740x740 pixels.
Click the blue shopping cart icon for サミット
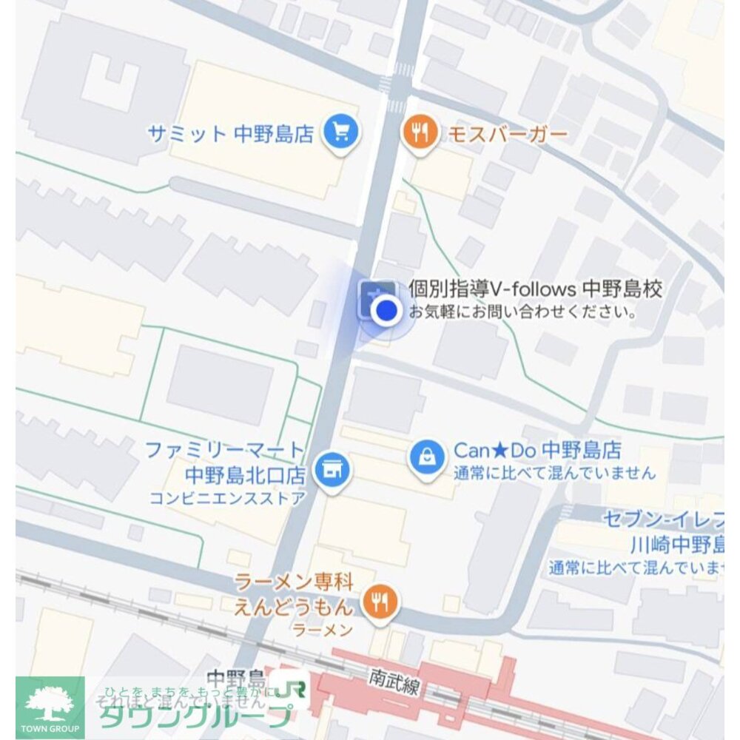point(340,133)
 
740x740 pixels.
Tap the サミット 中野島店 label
point(231,134)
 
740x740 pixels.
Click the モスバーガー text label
point(508,134)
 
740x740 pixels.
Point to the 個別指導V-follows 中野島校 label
point(534,289)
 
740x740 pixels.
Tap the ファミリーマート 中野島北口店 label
point(225,460)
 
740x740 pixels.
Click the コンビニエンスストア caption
point(226,498)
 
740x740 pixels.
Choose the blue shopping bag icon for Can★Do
point(427,457)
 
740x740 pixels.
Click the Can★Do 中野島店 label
point(536,450)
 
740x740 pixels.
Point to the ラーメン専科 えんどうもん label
point(295,593)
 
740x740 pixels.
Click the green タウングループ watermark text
point(196,715)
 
